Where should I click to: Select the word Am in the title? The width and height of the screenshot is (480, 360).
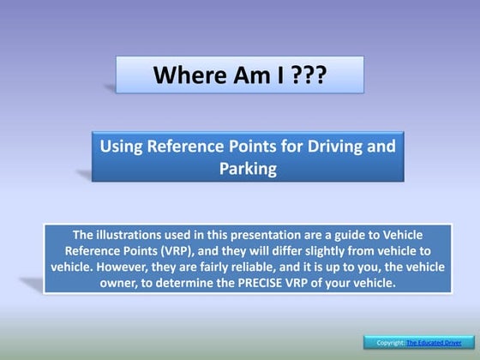(x=242, y=75)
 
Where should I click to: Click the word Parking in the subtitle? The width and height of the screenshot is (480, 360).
(x=248, y=168)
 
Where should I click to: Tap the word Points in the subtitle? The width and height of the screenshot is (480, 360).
(x=265, y=147)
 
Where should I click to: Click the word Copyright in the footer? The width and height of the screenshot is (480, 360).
(x=391, y=344)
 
